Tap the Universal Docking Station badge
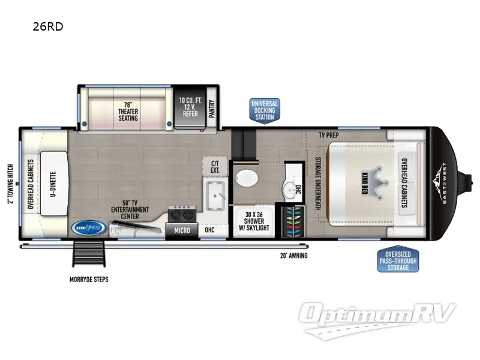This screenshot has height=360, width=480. pyautogui.click(x=265, y=110)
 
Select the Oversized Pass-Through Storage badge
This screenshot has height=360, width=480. pyautogui.click(x=397, y=260)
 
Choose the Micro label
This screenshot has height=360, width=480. pyautogui.click(x=182, y=230)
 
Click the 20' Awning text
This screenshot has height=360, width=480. pyautogui.click(x=293, y=256)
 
